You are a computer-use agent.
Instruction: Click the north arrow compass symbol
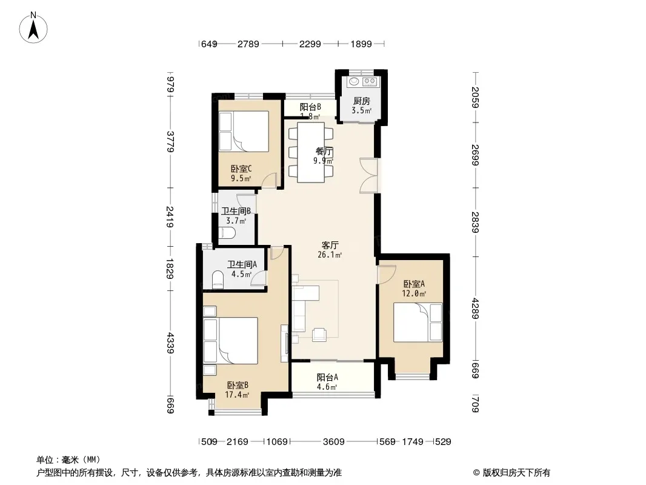point(33,28)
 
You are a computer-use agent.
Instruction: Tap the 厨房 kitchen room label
point(362,101)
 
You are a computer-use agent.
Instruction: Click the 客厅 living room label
point(330,245)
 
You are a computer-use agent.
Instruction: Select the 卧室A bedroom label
point(414,284)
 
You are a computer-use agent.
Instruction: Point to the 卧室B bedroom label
point(238,386)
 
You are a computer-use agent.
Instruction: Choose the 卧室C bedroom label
point(241,169)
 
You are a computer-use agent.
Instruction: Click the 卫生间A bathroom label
point(242,264)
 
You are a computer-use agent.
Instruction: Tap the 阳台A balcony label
point(327,378)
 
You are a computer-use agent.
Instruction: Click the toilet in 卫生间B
point(226,233)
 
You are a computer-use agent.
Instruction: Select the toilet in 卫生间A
point(218,280)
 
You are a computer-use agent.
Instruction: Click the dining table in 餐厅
point(311,152)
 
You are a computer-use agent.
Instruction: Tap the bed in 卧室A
point(418,323)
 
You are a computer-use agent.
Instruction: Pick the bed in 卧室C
point(244,131)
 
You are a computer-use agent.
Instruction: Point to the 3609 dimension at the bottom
point(334,442)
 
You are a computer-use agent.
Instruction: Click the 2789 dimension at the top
point(248,44)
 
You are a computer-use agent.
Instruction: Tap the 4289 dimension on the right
point(475,308)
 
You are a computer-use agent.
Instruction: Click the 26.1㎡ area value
point(330,255)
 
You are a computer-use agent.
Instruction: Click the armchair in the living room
point(320,335)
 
